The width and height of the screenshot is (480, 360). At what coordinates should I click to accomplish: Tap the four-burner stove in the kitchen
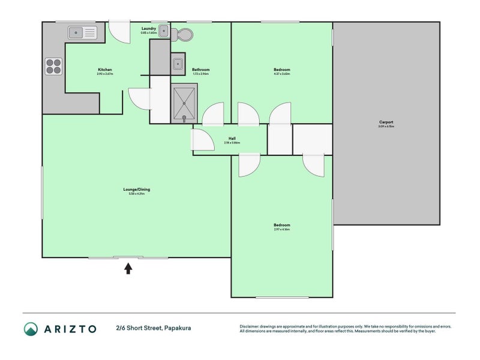(x=53, y=65)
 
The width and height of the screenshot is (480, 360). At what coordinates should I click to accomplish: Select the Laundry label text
(x=149, y=28)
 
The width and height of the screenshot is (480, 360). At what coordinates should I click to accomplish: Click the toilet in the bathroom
(x=183, y=35)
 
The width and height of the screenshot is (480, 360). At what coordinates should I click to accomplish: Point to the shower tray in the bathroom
(x=184, y=103)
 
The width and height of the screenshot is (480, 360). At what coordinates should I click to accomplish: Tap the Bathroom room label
(x=201, y=70)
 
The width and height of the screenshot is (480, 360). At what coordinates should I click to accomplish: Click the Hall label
(x=232, y=139)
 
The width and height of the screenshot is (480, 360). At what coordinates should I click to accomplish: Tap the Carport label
(x=385, y=122)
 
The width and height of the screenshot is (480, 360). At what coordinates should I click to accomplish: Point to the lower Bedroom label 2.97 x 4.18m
(x=282, y=226)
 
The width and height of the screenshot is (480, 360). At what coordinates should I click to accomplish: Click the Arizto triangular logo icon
(x=31, y=328)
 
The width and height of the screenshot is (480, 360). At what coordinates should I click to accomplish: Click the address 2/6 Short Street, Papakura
(x=154, y=328)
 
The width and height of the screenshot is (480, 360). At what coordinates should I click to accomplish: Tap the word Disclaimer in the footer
(x=250, y=326)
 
